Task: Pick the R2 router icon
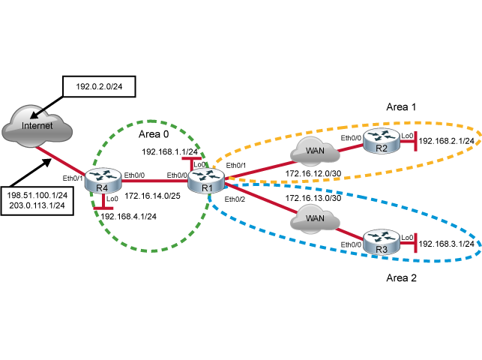pyautogui.click(x=382, y=140)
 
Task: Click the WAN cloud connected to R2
pyautogui.click(x=315, y=152)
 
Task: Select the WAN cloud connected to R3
pyautogui.click(x=315, y=218)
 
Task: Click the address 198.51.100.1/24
pyautogui.click(x=37, y=195)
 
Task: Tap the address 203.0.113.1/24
pyautogui.click(x=37, y=205)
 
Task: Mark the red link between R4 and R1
pyautogui.click(x=154, y=181)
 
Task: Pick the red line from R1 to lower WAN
pyautogui.click(x=259, y=198)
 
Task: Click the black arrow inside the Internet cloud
pyautogui.click(x=34, y=115)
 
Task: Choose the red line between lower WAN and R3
pyautogui.click(x=350, y=230)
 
